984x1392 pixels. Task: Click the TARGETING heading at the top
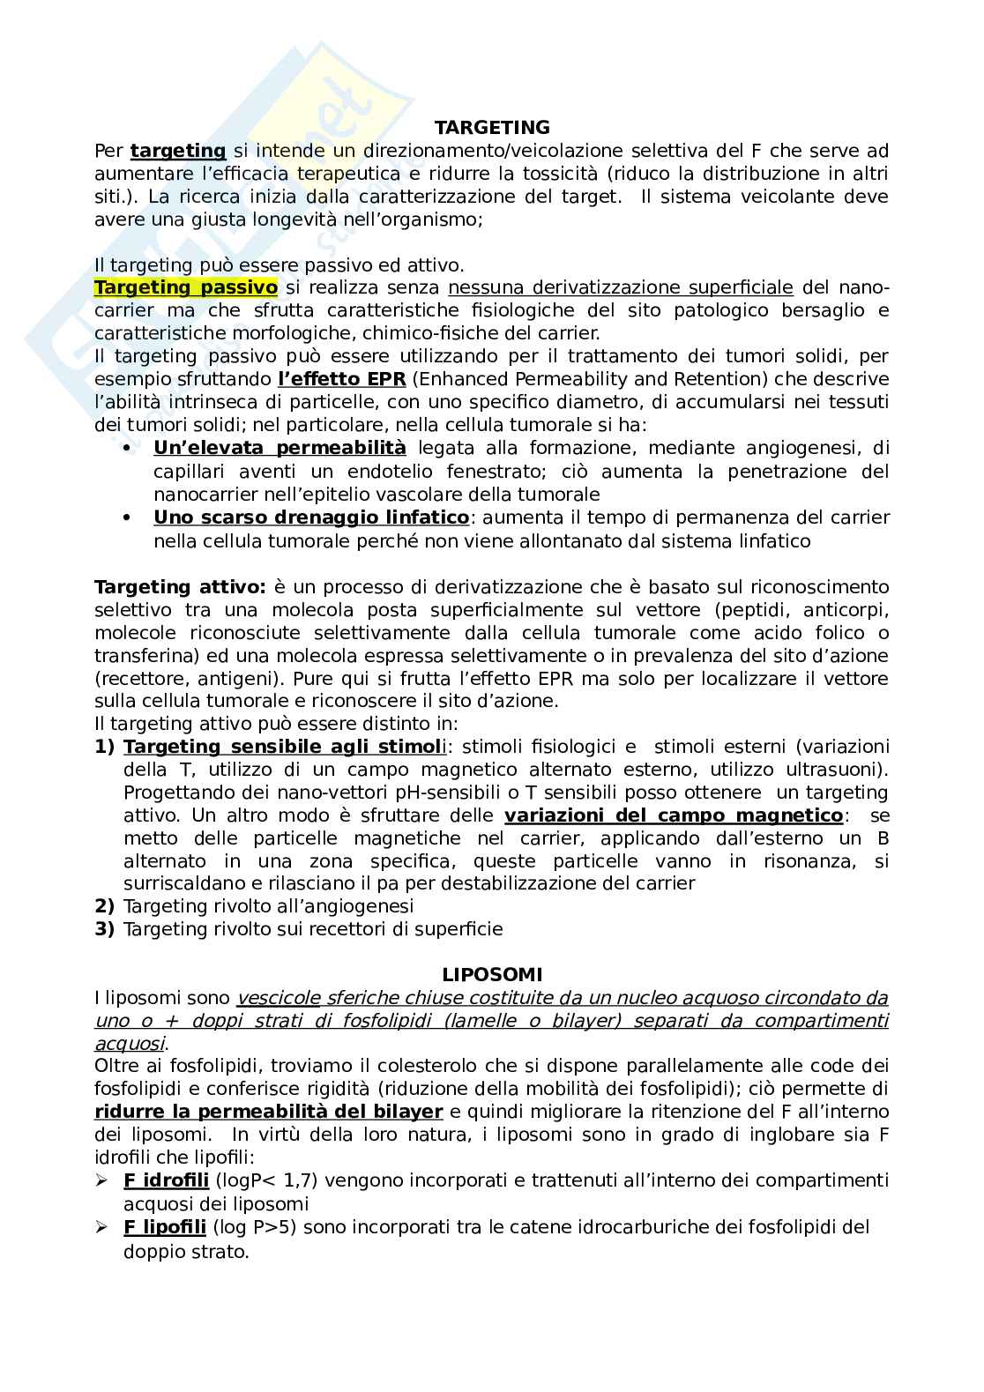(492, 128)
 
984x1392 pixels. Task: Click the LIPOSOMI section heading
(492, 975)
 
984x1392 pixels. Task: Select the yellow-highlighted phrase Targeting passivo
(186, 287)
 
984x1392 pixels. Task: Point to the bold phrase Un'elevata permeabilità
(280, 448)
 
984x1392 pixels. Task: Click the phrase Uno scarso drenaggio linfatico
(311, 517)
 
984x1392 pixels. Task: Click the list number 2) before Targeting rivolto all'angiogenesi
(104, 906)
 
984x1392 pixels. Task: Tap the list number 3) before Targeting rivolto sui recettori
(104, 929)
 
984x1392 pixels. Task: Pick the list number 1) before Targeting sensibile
(104, 747)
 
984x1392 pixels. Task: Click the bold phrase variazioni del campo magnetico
(674, 815)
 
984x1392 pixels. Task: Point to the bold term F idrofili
(166, 1180)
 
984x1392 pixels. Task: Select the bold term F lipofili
(165, 1227)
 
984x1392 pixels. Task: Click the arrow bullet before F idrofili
(102, 1180)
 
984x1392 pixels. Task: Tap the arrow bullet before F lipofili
(102, 1227)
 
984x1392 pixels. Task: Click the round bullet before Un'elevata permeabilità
(128, 448)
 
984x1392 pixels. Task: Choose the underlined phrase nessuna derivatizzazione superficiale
(621, 287)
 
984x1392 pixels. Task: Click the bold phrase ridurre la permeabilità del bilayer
(269, 1112)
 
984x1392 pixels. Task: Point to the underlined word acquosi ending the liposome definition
(130, 1044)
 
